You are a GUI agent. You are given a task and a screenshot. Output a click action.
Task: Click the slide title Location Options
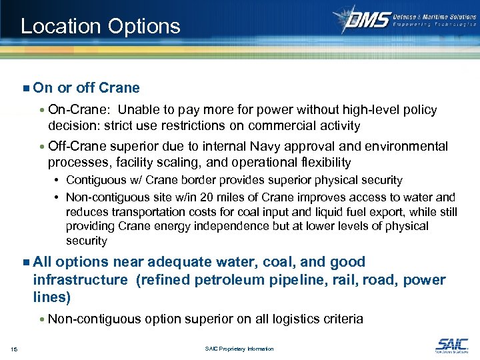(x=100, y=26)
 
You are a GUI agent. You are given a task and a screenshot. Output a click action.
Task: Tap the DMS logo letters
(x=366, y=19)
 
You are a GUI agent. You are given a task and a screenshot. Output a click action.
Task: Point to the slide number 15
(x=14, y=349)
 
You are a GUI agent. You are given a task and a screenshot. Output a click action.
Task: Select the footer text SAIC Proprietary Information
(x=240, y=349)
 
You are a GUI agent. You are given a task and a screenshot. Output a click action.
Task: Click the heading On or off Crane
(x=86, y=88)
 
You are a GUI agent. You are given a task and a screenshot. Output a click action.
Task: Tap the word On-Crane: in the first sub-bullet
(x=77, y=109)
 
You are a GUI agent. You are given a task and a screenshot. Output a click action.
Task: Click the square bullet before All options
(x=25, y=262)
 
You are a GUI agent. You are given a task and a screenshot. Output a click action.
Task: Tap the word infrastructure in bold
(x=80, y=280)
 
